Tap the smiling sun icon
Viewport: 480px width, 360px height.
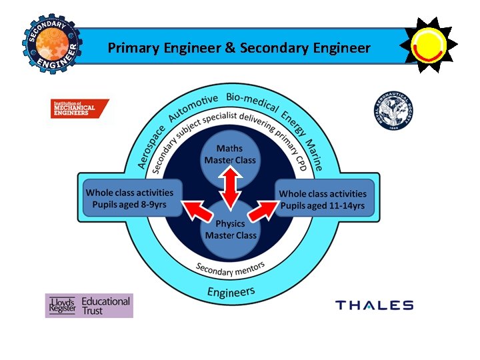(x=428, y=45)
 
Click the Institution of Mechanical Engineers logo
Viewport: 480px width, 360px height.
(x=79, y=109)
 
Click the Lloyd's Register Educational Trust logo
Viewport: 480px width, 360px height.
(x=89, y=306)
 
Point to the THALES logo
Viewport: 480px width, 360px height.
(x=374, y=305)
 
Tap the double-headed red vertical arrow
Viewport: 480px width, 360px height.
(x=231, y=189)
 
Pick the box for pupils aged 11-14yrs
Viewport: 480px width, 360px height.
(x=323, y=199)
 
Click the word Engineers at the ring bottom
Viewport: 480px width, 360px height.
(x=231, y=292)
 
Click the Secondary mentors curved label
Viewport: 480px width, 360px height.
(x=231, y=269)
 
